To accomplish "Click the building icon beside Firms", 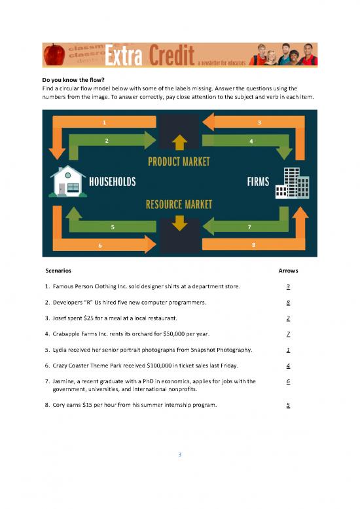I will [292, 182].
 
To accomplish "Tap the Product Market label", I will [179, 160].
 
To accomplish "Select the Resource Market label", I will [179, 204].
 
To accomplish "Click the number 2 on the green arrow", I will [106, 140].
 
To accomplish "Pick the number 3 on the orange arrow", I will [259, 122].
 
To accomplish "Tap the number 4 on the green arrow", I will [251, 140].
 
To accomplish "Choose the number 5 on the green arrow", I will [113, 227].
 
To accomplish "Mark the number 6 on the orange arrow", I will [100, 245].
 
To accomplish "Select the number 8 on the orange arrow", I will [253, 244].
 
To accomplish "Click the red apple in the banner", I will [53, 55].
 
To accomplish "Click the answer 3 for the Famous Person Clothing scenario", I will [288, 287].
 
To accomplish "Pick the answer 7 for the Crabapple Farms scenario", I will [288, 333].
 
